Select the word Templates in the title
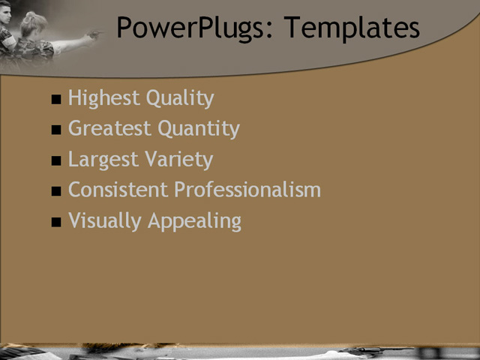point(352,28)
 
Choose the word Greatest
point(108,129)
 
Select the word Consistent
point(118,190)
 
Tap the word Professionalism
point(247,190)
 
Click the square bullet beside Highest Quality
point(56,100)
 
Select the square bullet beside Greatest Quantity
point(56,130)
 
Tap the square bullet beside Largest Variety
point(56,161)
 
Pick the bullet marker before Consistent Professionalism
point(56,192)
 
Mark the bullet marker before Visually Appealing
point(56,223)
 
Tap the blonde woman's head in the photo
point(33,25)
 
